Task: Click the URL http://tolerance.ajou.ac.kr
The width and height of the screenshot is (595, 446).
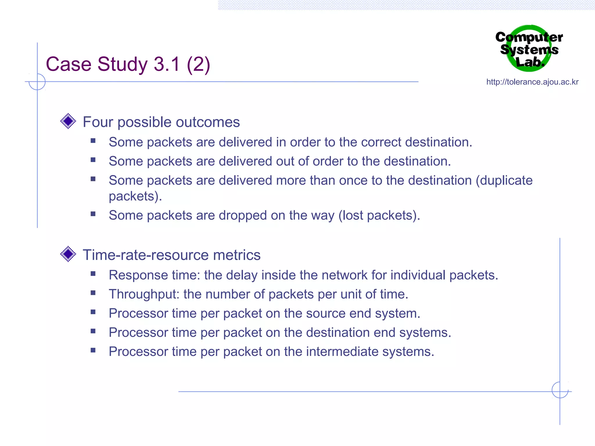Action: tap(532, 82)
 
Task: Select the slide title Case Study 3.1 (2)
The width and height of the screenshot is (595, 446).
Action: tap(128, 64)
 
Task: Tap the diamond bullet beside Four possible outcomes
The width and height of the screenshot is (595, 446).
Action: tap(68, 121)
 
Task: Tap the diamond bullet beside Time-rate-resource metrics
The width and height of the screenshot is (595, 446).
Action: tap(68, 254)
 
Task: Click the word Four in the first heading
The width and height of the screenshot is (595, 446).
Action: tap(98, 122)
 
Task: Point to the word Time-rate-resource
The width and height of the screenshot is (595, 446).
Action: tap(146, 255)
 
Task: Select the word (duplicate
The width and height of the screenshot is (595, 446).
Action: tap(504, 181)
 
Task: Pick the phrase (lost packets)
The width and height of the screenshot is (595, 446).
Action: tap(379, 215)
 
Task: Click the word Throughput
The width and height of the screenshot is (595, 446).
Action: tap(144, 294)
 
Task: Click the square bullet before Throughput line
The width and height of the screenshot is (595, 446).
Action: tap(93, 293)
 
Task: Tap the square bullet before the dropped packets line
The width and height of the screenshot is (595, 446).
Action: tap(93, 214)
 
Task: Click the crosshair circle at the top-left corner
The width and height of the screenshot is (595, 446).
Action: tap(37, 82)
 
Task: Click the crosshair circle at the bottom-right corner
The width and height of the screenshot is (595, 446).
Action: tap(560, 390)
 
